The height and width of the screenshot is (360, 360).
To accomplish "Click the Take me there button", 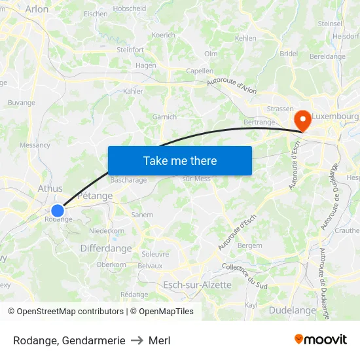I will click(x=180, y=160).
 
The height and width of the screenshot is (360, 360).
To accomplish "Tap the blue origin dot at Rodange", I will click(x=58, y=211).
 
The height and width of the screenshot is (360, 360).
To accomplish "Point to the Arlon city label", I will click(x=37, y=9).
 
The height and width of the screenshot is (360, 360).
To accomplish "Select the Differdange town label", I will click(x=106, y=249).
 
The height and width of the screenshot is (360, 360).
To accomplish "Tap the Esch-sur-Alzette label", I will click(x=197, y=285).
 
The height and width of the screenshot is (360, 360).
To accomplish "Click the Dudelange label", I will click(x=292, y=310).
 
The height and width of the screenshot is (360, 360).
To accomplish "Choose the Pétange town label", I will click(x=96, y=196).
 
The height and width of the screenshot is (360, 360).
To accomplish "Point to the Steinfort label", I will click(x=130, y=49).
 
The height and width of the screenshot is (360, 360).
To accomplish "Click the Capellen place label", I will click(x=200, y=71).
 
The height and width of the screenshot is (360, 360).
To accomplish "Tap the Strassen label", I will click(x=280, y=109).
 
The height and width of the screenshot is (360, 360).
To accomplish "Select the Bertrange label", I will click(x=259, y=122).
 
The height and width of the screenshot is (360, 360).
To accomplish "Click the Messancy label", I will click(x=35, y=145).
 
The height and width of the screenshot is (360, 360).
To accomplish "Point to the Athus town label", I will click(x=50, y=189).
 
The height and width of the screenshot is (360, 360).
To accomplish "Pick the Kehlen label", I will click(x=245, y=39).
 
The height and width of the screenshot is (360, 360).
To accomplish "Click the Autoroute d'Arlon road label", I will click(x=232, y=84).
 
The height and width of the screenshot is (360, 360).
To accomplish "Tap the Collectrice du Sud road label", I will click(x=244, y=276).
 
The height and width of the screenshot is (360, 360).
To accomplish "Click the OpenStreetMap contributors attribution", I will click(x=66, y=312).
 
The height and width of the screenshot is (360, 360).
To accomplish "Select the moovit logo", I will click(x=321, y=340).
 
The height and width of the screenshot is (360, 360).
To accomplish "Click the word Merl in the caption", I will click(x=159, y=340).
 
